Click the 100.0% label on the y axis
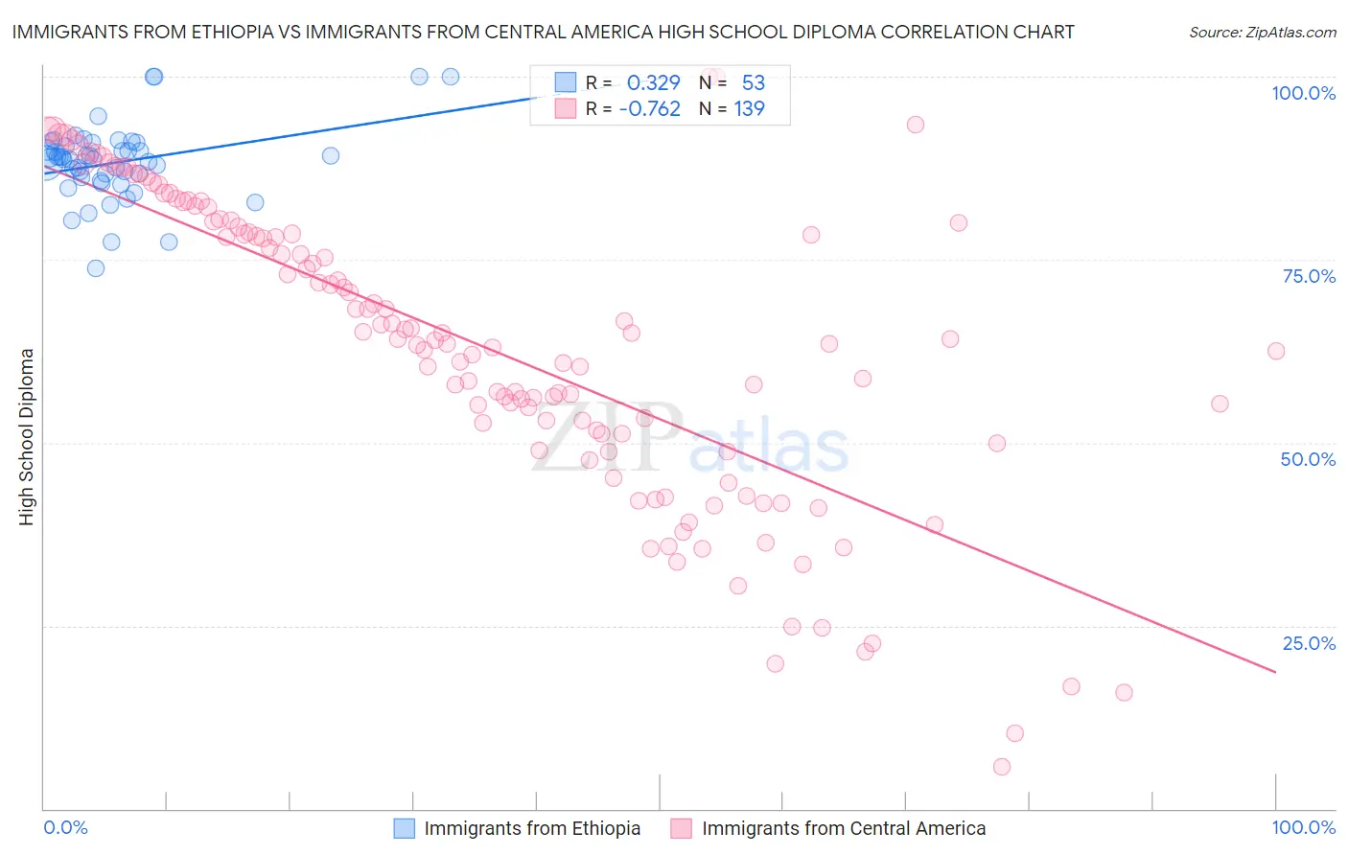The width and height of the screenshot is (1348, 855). [1303, 93]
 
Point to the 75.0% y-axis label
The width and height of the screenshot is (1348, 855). [1309, 276]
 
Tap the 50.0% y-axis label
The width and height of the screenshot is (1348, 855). [1308, 459]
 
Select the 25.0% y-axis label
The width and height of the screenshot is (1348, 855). [1309, 643]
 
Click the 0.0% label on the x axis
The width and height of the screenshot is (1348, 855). [65, 827]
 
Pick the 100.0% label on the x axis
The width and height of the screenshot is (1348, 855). [1303, 827]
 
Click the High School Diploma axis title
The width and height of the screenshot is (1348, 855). [27, 436]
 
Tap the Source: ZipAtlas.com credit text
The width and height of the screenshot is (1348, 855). [1262, 32]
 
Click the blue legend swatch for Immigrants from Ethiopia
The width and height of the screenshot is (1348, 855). [405, 828]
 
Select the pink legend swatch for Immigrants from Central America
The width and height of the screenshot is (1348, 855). [681, 828]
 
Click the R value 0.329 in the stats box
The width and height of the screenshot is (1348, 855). [653, 82]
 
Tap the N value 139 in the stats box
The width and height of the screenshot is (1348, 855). [749, 108]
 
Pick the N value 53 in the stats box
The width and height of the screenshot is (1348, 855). [753, 82]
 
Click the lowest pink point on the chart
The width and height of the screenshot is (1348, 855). [1002, 767]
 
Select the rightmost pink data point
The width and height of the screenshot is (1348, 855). [1276, 351]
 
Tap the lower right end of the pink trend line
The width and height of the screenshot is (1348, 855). [1275, 672]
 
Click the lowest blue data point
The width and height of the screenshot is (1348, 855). [96, 268]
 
